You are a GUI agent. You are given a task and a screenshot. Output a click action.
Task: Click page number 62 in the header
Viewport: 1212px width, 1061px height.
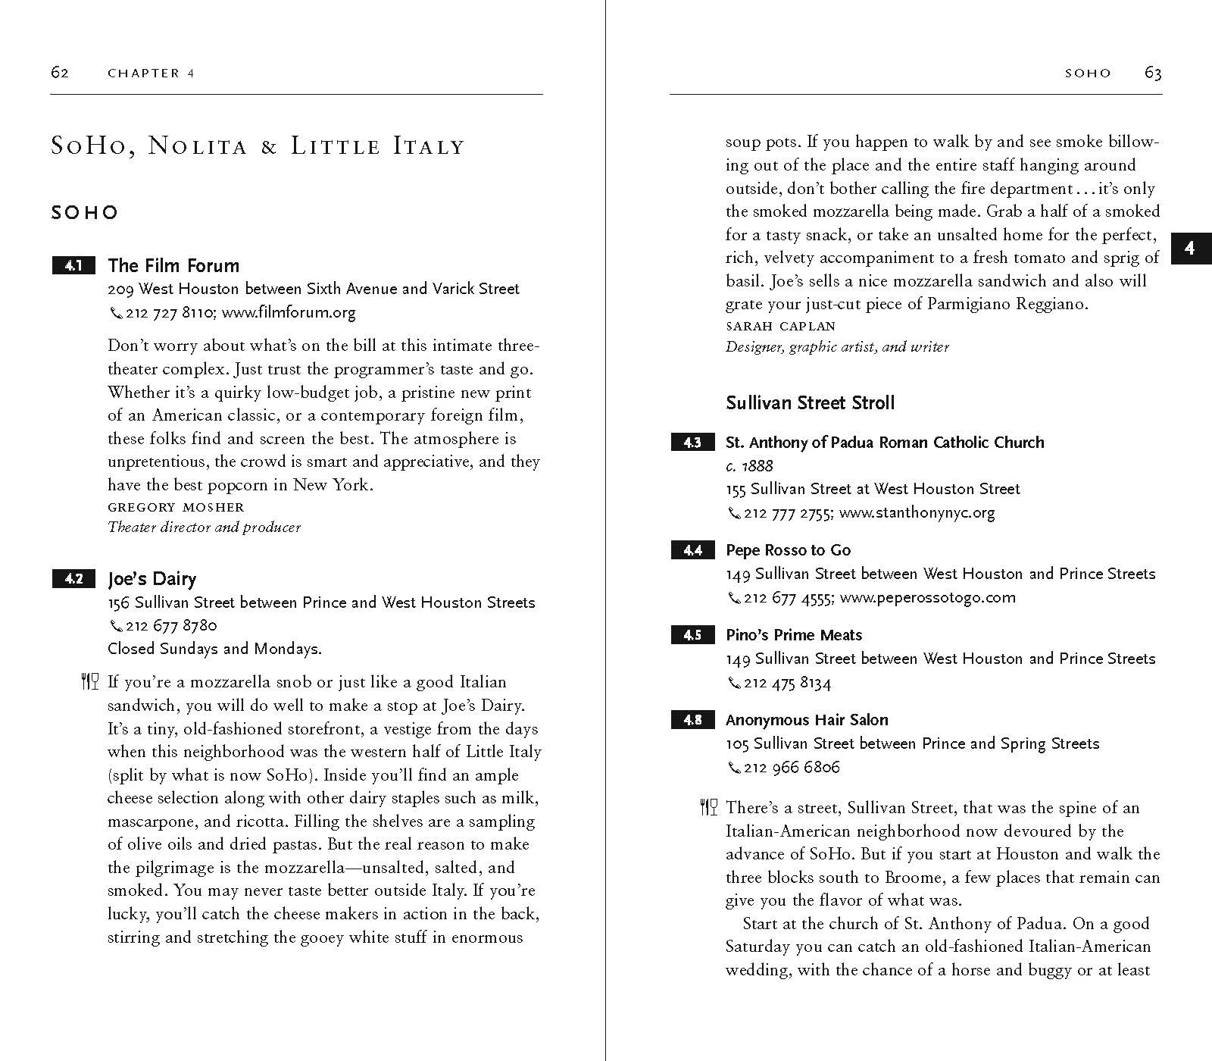[60, 73]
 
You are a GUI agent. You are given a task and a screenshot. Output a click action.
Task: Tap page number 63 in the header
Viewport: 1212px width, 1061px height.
[1153, 73]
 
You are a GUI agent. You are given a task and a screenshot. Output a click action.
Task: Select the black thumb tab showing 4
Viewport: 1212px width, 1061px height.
[1190, 249]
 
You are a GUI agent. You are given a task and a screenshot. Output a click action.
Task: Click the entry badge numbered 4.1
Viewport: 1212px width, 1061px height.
[73, 266]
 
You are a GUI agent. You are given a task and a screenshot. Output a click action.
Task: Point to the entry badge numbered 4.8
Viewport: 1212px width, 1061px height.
[692, 720]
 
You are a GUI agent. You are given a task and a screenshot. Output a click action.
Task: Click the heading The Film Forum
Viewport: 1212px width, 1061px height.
[173, 265]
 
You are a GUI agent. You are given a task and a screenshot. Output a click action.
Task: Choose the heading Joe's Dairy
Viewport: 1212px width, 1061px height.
[151, 579]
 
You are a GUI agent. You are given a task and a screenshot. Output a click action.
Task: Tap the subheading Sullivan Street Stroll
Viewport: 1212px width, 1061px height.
[810, 402]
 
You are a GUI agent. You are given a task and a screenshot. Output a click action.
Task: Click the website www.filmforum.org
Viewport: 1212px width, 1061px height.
[289, 312]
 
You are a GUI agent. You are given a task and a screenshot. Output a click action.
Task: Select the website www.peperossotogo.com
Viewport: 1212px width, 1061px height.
[927, 597]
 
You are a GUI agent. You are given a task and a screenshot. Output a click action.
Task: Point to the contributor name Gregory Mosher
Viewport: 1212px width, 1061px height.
[176, 507]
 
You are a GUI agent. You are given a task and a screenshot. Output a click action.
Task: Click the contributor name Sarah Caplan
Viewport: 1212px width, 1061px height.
[780, 326]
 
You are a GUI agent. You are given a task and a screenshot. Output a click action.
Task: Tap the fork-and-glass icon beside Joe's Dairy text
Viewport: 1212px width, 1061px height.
[89, 681]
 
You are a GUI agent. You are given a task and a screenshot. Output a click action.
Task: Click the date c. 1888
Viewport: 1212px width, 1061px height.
[748, 465]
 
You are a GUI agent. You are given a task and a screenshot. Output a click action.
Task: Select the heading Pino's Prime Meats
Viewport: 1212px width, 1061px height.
[793, 635]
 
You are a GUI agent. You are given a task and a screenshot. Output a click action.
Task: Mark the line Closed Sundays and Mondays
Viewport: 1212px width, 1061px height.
[214, 649]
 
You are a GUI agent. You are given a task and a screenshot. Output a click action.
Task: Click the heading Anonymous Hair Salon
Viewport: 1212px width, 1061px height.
[806, 720]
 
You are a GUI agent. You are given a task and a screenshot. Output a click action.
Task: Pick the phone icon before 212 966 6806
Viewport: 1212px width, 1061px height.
[733, 768]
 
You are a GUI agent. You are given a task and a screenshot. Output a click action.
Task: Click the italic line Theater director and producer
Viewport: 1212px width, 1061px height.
[204, 527]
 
